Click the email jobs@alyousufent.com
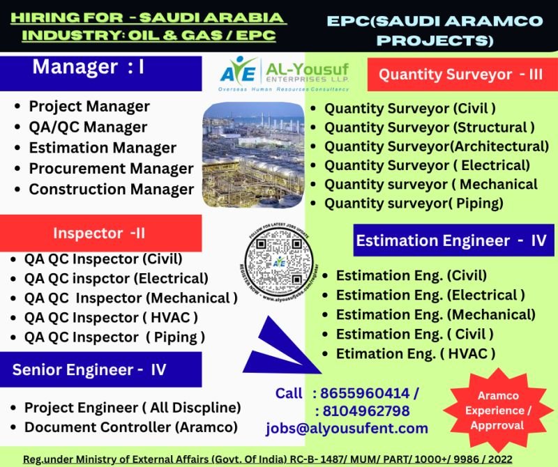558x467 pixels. (x=347, y=428)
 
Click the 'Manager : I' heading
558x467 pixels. (x=89, y=68)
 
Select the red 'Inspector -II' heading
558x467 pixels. (x=98, y=233)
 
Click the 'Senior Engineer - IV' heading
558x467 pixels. (x=89, y=369)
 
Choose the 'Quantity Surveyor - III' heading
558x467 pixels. (x=460, y=75)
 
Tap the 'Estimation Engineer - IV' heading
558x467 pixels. (x=451, y=240)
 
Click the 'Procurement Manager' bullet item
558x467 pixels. (x=111, y=169)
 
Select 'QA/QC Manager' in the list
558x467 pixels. (x=88, y=127)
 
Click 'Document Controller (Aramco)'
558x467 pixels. (x=130, y=427)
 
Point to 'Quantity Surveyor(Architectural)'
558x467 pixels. (x=437, y=146)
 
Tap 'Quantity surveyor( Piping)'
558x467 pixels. (x=414, y=204)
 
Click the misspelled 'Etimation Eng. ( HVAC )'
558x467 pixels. (x=416, y=353)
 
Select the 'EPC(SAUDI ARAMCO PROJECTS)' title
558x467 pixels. (x=435, y=30)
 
